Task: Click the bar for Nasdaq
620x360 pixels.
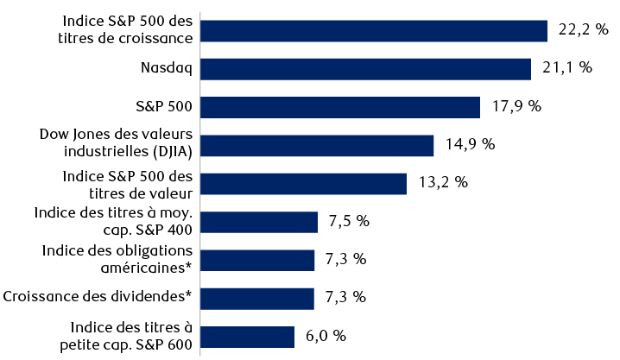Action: (365, 69)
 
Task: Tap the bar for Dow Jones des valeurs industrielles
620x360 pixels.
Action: (317, 145)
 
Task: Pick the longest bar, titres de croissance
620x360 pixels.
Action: (374, 31)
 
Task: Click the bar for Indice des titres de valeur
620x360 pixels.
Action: (304, 183)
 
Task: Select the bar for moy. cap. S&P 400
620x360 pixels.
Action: (259, 222)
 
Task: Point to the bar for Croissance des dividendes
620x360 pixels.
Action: (257, 298)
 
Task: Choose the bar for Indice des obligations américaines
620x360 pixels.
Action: (257, 260)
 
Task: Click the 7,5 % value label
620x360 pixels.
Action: (349, 221)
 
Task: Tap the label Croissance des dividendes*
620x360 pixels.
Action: (97, 297)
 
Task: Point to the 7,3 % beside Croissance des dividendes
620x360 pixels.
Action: (345, 297)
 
